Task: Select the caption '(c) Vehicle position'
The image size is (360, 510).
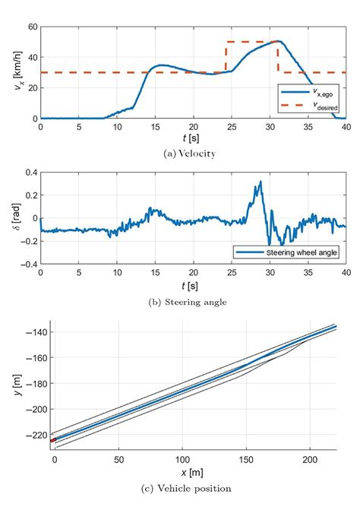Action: pos(192,487)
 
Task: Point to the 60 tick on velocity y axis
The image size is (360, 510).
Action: pos(31,26)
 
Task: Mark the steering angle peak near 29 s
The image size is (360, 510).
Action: pos(261,182)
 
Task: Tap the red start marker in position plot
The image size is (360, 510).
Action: pos(53,440)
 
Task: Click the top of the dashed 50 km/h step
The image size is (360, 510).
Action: pos(251,42)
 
